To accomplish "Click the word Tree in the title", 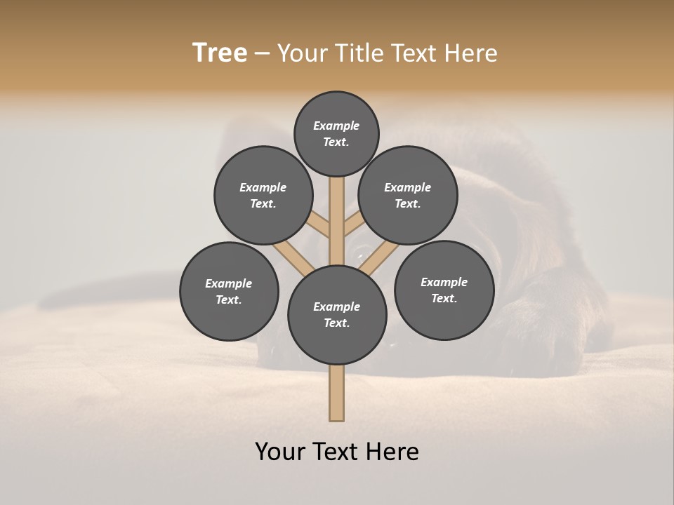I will (220, 53).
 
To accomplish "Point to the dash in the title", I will (262, 54).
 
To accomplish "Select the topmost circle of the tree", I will (336, 133).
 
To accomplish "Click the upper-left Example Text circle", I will (263, 195).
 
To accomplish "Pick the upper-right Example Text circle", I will (408, 195).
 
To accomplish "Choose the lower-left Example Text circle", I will (229, 291).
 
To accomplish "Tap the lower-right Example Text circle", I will (444, 290).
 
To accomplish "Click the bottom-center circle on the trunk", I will (337, 315).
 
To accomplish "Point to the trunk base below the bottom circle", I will (337, 393).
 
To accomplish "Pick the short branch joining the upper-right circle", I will (353, 224).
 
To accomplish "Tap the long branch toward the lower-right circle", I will (379, 257).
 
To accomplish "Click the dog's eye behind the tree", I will (363, 251).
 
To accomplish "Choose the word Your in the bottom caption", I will (280, 451).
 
